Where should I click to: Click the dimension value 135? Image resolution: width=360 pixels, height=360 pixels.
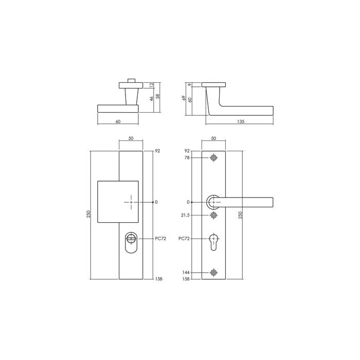point(241,121)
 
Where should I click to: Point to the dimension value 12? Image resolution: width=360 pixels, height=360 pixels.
point(151,85)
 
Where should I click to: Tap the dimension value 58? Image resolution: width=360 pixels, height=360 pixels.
point(158,96)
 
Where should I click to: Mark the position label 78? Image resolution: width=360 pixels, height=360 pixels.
point(187,158)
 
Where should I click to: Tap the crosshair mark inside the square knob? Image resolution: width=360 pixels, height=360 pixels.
point(131,203)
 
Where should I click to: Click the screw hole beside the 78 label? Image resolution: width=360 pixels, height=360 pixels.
point(214,158)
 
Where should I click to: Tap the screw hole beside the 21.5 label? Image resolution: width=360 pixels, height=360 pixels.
point(214,215)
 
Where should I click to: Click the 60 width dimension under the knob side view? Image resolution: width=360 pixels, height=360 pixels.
point(118,121)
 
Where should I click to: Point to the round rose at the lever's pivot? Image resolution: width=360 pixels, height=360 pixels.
point(213,202)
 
